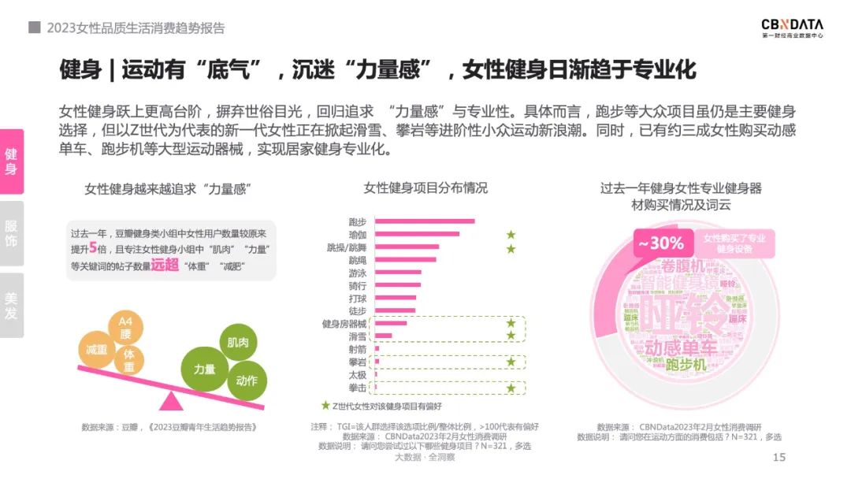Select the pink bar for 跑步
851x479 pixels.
[425, 221]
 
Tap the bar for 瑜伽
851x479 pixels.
[417, 234]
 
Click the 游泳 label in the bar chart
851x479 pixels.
[357, 273]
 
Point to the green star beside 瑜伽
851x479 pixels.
[511, 235]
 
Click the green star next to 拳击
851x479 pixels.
[511, 388]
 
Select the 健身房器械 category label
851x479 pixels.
[344, 324]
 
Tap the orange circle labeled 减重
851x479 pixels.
[97, 350]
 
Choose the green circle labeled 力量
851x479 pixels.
[205, 368]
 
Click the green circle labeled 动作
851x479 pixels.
[246, 381]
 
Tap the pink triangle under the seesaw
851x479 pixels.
[169, 401]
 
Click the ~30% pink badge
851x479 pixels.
[660, 243]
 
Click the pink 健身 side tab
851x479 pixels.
[12, 161]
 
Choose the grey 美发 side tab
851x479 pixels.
[12, 306]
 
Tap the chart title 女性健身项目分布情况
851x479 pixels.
[425, 188]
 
